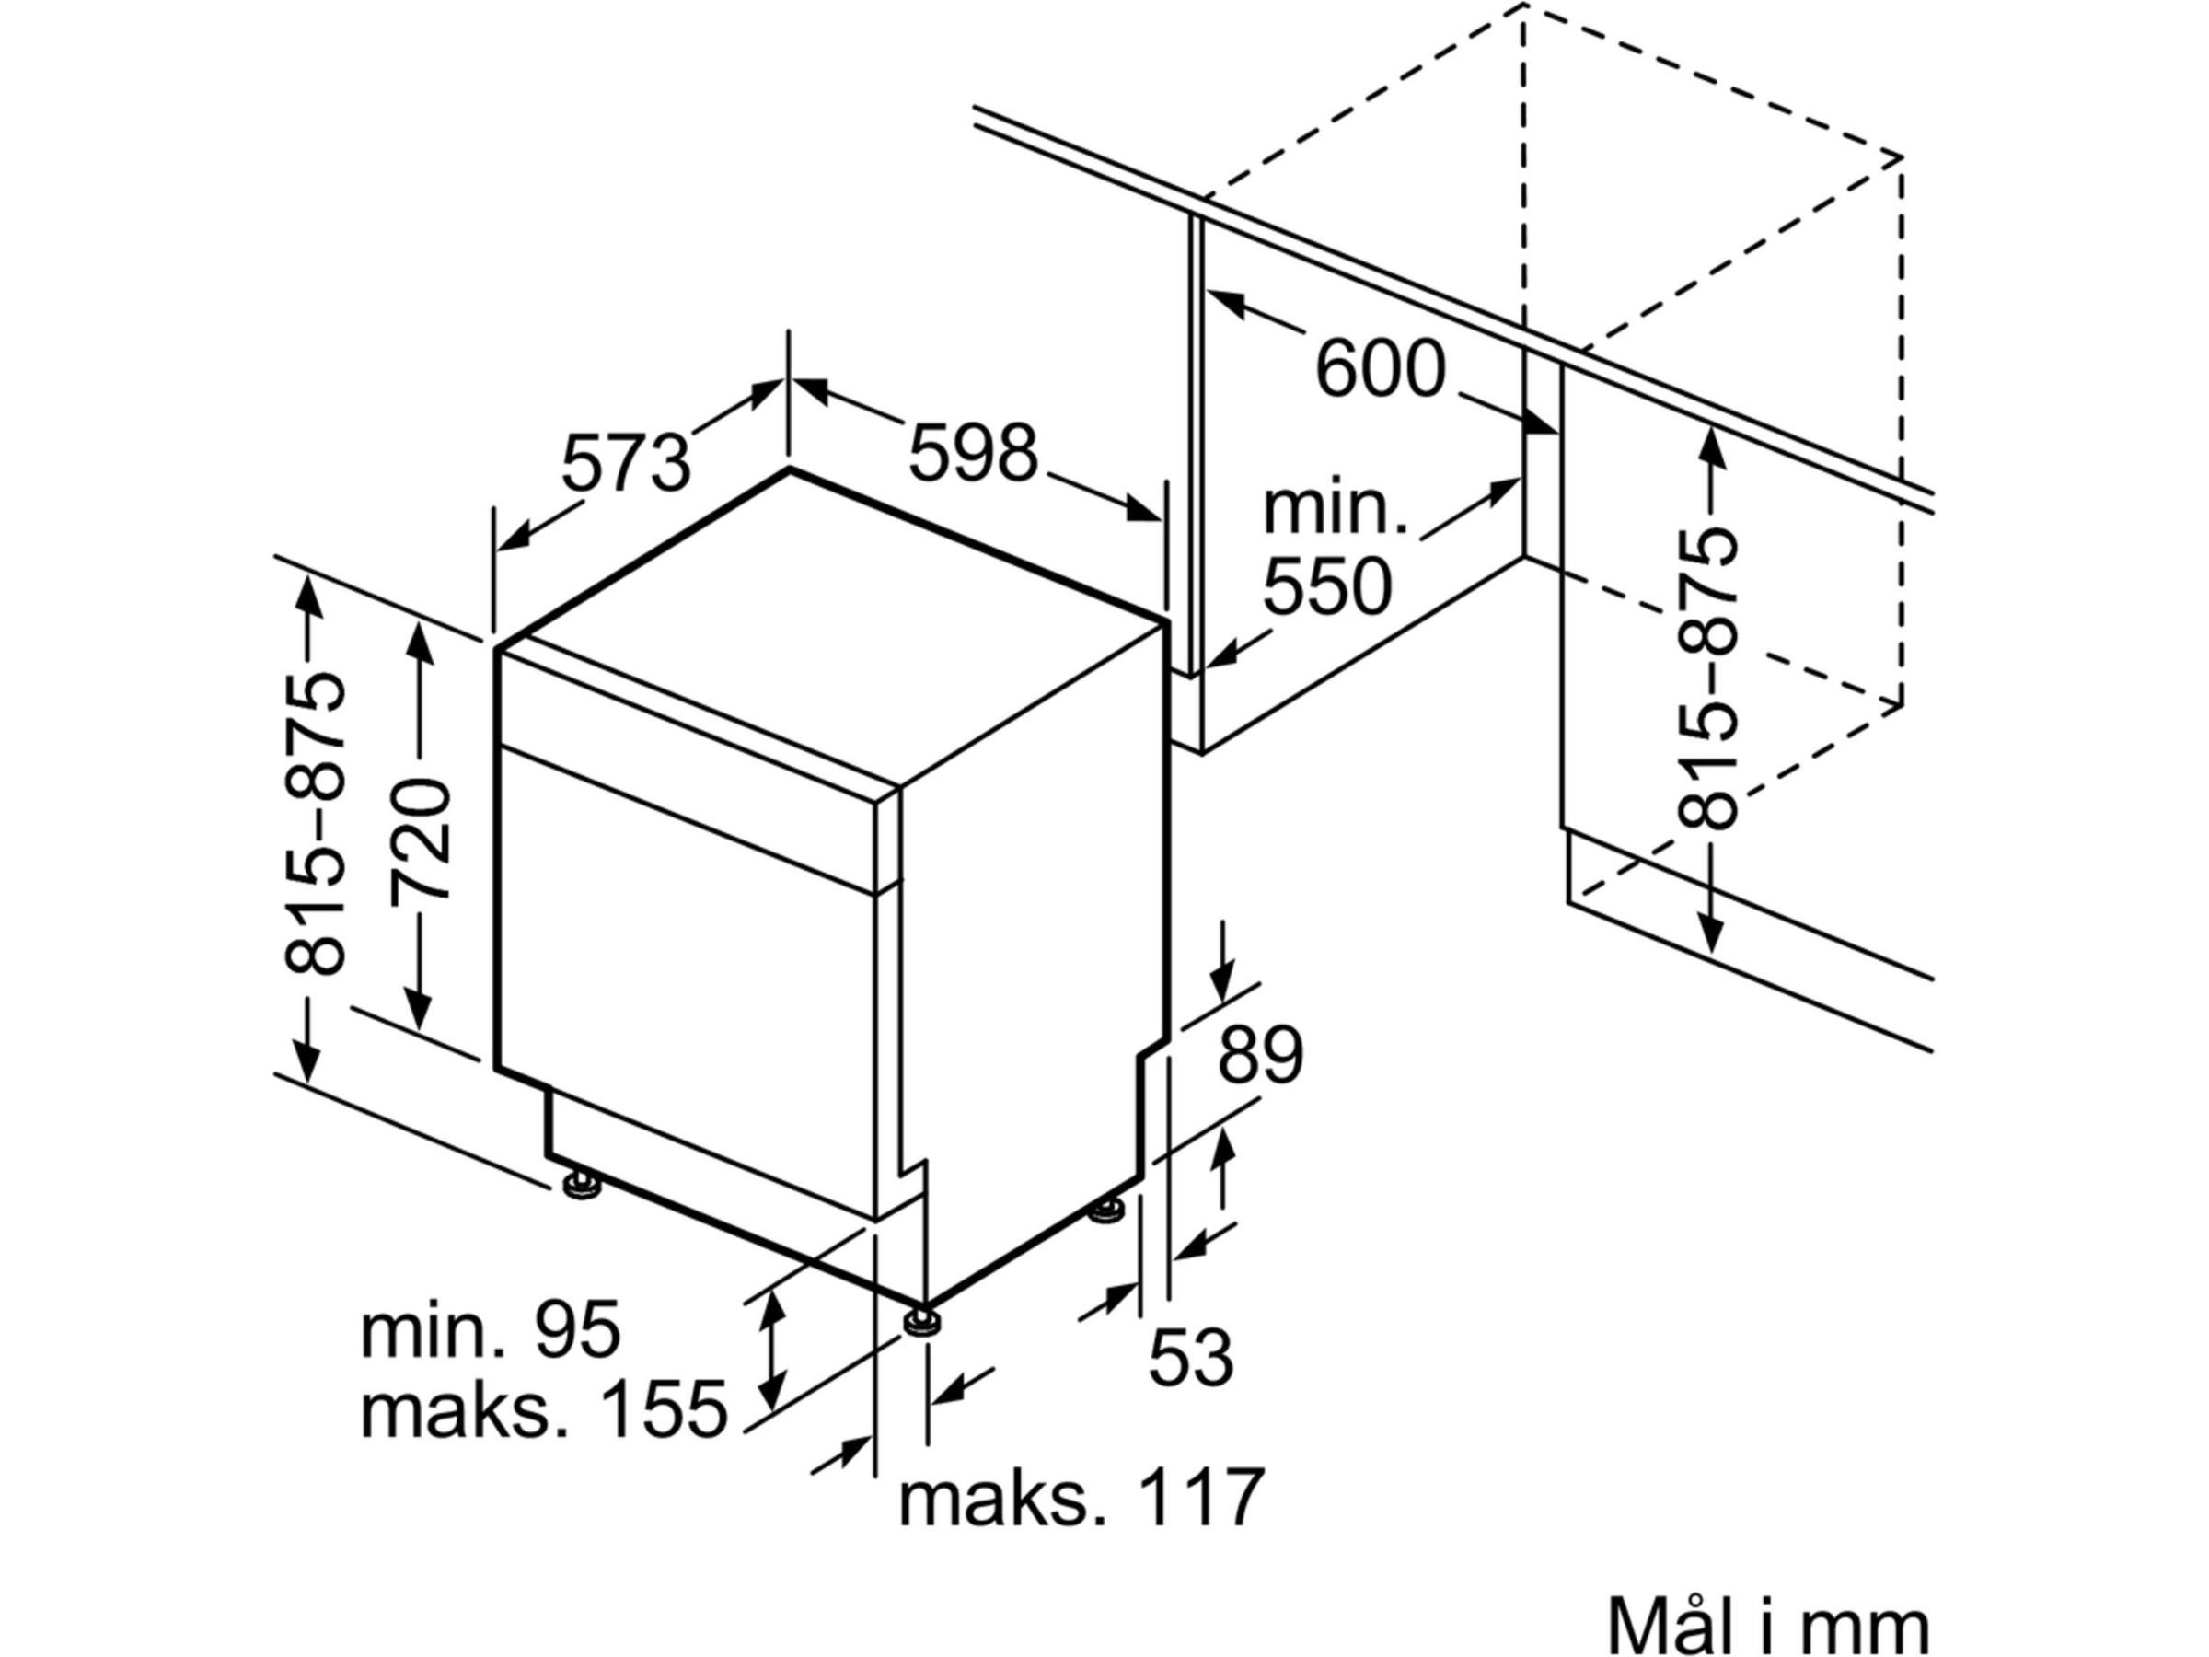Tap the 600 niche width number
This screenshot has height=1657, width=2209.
click(1379, 369)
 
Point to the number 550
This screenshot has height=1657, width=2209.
click(1326, 587)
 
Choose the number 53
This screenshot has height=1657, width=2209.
click(1191, 1356)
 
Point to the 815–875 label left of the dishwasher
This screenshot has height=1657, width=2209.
click(316, 825)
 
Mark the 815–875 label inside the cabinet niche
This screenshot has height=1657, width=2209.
click(1706, 679)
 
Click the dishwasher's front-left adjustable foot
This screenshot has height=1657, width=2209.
click(580, 1186)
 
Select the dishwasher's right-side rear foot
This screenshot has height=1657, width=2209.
click(1105, 1212)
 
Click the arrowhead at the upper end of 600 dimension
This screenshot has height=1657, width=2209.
click(1224, 304)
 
